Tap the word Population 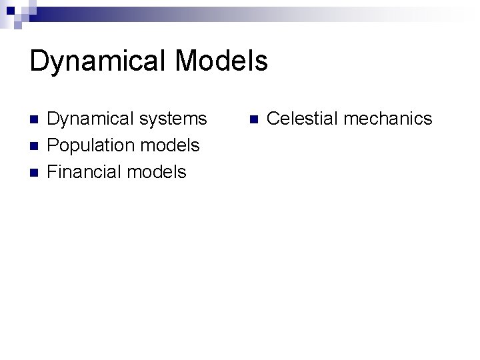click(89, 146)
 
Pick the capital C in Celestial click(273, 119)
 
